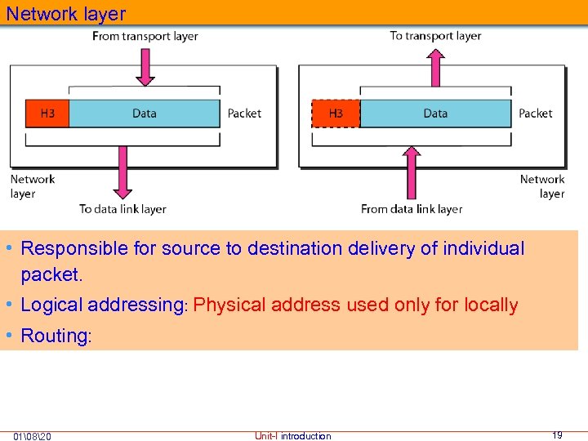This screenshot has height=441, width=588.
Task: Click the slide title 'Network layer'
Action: pos(66,14)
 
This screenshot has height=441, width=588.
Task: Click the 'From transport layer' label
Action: pos(145,36)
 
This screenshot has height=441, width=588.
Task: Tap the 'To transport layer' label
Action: pos(435,36)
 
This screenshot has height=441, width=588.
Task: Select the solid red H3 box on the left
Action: pos(47,114)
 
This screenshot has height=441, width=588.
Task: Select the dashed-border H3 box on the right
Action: pos(336,114)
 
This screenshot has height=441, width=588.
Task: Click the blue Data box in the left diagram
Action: pos(145,114)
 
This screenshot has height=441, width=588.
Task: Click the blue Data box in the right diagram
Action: pos(435,114)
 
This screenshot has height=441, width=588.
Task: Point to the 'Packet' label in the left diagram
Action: pos(244,114)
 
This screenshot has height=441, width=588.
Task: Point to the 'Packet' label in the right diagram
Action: pos(535,114)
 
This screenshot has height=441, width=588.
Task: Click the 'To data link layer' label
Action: pos(122,209)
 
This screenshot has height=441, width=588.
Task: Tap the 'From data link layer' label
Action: pos(412,209)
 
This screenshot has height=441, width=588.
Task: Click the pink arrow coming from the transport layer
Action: pos(145,67)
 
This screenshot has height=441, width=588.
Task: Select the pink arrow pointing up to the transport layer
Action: pos(435,67)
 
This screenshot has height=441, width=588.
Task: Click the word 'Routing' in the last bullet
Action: pos(54,336)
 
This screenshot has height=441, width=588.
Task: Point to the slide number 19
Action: pos(557,435)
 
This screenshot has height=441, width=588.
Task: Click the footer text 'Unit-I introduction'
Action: pos(292,436)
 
